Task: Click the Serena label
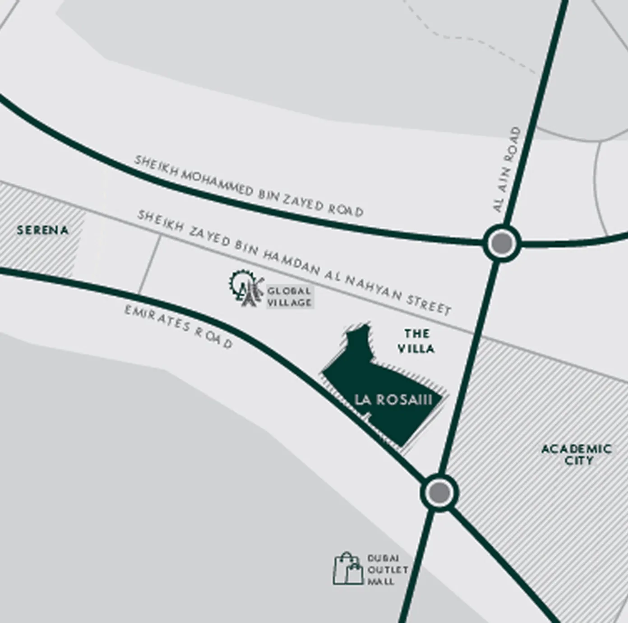[x=42, y=230]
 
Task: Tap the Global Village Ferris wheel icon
[x=245, y=288]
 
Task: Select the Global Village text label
[x=289, y=297]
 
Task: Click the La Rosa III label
[x=393, y=400]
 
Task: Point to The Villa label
[x=416, y=341]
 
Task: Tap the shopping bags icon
[x=348, y=569]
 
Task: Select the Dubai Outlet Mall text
[x=387, y=570]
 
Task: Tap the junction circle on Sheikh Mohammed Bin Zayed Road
[x=502, y=243]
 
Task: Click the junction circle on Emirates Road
[x=439, y=491]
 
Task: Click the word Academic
[x=577, y=449]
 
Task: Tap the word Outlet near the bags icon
[x=387, y=570]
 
